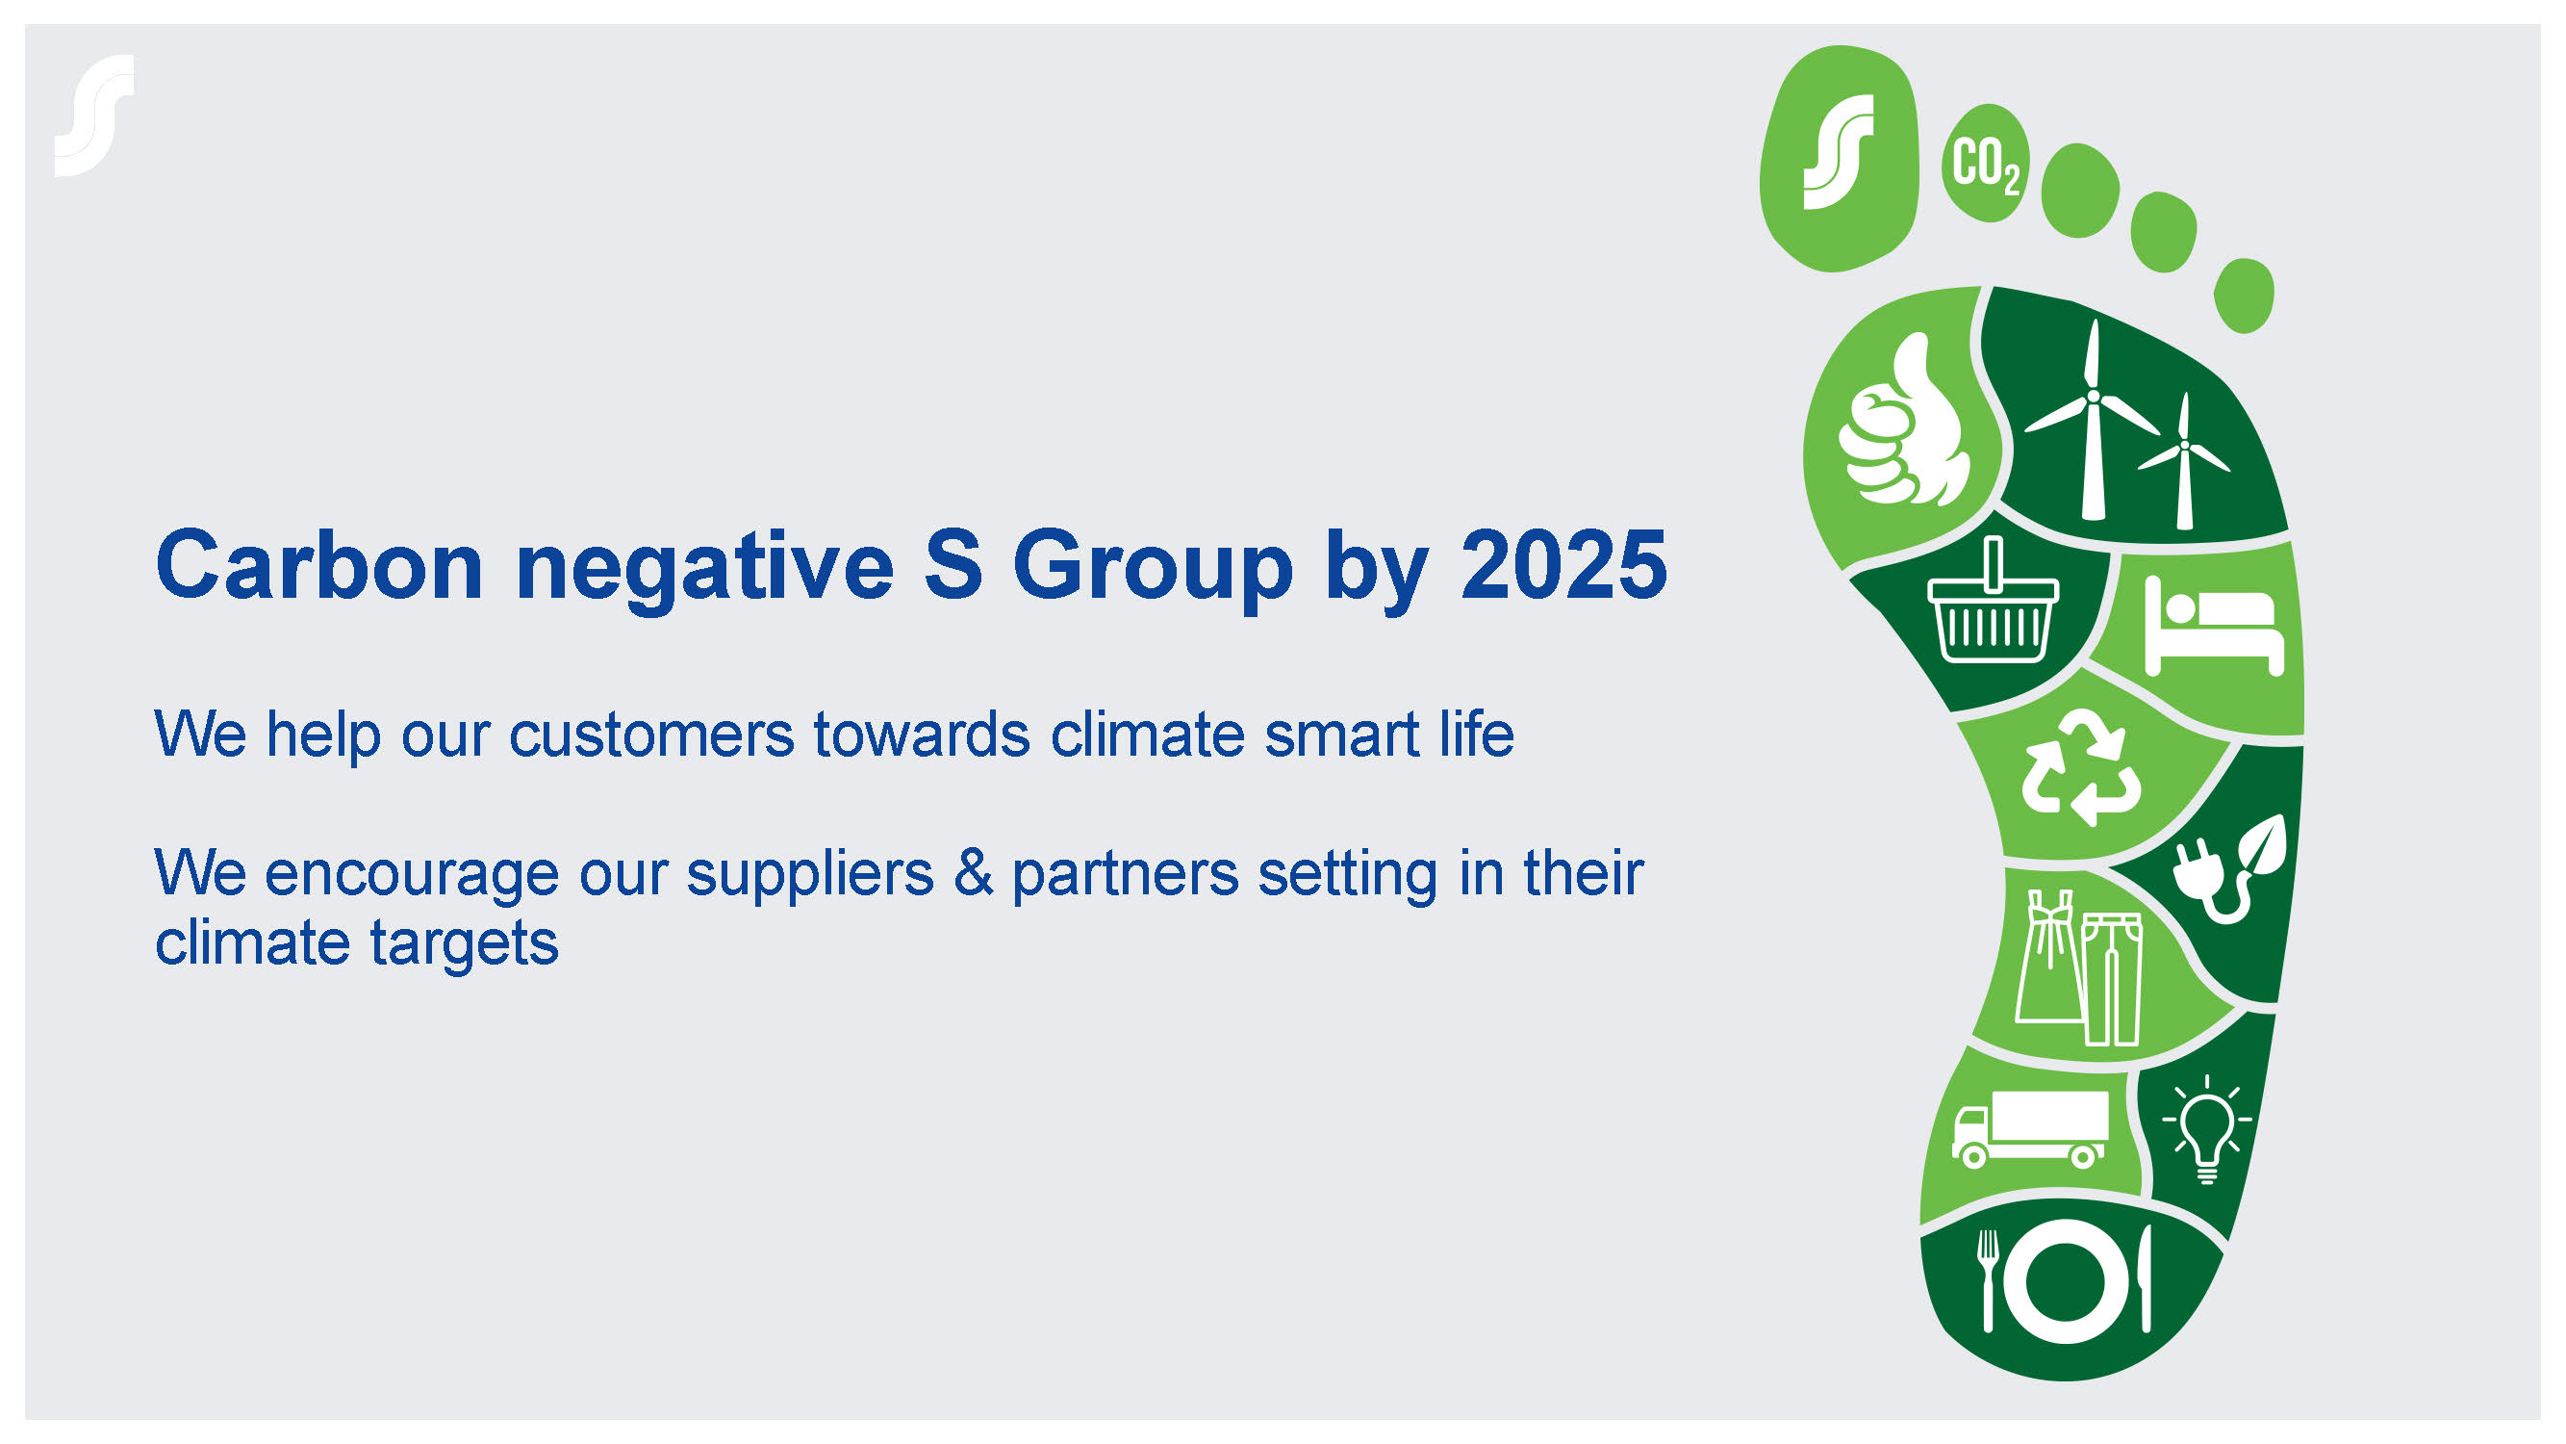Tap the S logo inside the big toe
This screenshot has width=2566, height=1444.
(x=1839, y=151)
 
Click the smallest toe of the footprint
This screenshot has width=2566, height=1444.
(x=2245, y=296)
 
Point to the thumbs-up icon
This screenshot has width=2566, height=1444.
(x=1902, y=421)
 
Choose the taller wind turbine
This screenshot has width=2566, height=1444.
(x=2092, y=419)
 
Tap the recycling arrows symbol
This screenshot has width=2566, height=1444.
(x=2081, y=767)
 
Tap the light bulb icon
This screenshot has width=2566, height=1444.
(x=2207, y=1130)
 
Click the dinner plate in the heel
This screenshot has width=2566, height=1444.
(x=2068, y=1281)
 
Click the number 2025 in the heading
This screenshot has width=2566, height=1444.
(x=1563, y=565)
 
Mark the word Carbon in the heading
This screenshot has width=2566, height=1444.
(x=319, y=565)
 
